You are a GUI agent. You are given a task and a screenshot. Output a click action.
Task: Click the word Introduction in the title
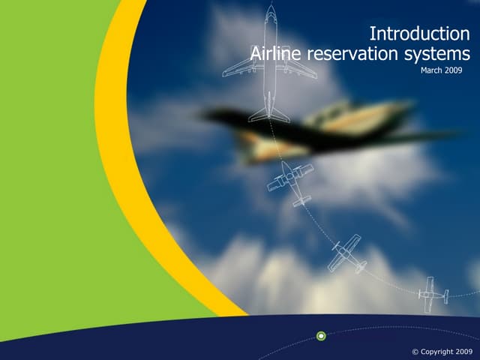[x=420, y=34]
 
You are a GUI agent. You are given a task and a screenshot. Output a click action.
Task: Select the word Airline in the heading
[x=274, y=54]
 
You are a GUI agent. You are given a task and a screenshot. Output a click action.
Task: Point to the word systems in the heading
[x=438, y=54]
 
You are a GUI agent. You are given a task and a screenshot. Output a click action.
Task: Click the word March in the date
[x=433, y=70]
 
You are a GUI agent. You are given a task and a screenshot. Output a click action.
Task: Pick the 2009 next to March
[x=454, y=70]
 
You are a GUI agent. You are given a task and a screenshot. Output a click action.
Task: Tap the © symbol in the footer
[x=416, y=352]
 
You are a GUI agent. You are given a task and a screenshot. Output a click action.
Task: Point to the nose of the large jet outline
[x=270, y=9]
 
